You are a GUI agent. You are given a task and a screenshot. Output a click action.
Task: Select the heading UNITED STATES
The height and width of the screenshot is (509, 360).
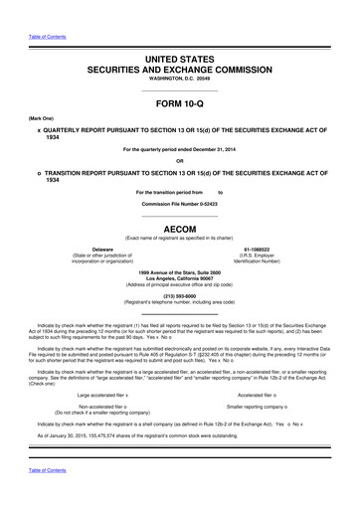[179, 61]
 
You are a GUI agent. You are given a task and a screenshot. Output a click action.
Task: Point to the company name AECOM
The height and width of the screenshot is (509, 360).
[179, 227]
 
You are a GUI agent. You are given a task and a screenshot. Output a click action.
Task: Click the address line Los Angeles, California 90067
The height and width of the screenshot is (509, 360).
[179, 278]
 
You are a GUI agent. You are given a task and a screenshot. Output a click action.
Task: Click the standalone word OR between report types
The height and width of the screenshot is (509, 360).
[179, 162]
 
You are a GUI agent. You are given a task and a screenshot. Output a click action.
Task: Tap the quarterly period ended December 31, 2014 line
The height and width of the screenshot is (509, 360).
[179, 149]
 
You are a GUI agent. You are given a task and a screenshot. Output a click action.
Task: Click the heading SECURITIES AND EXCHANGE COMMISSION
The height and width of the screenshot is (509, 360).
[179, 73]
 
